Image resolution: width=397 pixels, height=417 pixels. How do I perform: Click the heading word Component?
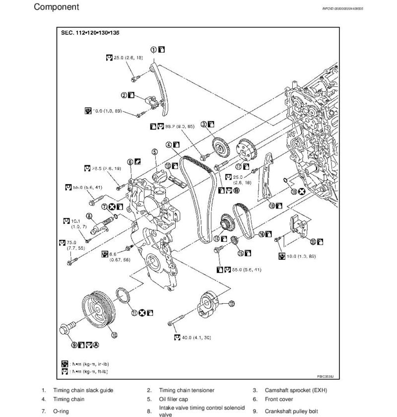[x=56, y=7]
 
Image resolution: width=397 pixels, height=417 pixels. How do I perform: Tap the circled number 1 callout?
[x=154, y=50]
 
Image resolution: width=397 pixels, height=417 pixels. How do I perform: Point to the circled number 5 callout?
[x=155, y=152]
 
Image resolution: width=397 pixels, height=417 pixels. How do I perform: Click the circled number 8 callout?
[x=88, y=215]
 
